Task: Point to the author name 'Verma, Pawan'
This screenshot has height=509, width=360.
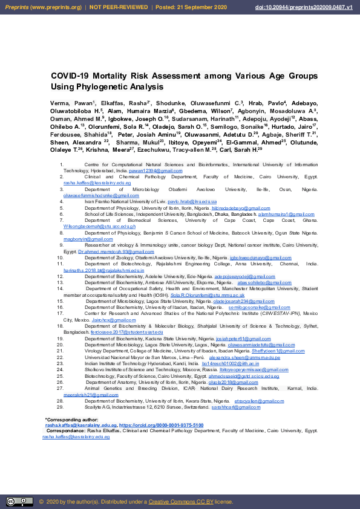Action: click(x=68, y=104)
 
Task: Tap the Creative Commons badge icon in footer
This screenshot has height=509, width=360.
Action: click(x=19, y=501)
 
